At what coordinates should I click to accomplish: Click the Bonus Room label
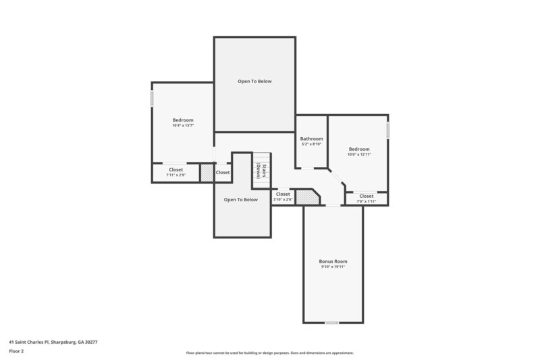333,261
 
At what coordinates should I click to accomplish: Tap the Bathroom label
311,138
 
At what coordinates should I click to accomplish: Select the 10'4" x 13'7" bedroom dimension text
183,126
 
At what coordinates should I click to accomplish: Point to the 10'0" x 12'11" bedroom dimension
359,155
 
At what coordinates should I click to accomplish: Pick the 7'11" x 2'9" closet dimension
175,175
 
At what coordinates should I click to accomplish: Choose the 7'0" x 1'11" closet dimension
366,201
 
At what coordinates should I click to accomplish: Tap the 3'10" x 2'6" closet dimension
283,199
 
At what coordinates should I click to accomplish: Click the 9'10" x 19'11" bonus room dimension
333,267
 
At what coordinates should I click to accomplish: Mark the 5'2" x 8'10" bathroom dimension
311,144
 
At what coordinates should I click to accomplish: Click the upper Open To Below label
254,81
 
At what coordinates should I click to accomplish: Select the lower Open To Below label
241,199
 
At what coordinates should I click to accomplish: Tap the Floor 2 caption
17,351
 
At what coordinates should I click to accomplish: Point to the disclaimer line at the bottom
269,353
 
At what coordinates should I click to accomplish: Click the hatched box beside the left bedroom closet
207,173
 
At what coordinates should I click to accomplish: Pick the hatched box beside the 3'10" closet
307,197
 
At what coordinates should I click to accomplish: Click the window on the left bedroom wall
152,99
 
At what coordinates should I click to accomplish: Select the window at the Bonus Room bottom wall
331,323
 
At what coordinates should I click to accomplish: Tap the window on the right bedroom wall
388,130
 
